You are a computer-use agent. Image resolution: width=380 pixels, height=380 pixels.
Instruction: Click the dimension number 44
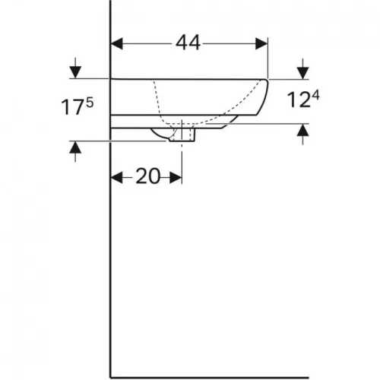point(188,43)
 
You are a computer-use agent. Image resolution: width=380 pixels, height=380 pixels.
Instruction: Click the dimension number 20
point(148,176)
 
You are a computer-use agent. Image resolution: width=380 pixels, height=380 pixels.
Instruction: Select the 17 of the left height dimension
point(73,107)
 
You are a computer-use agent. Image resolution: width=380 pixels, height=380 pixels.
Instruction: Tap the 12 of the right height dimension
point(299,100)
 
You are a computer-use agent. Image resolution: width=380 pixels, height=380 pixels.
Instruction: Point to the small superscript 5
point(90,103)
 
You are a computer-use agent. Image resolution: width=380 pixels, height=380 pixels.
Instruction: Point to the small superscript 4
point(315,96)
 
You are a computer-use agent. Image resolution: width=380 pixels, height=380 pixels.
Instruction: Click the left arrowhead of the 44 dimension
point(117,44)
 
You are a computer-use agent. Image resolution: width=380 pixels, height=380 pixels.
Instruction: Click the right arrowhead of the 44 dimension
point(261,44)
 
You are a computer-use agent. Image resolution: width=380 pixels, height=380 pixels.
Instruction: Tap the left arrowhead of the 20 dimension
point(117,177)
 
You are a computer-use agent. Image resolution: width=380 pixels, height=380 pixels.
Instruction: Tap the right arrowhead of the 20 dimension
point(176,177)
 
